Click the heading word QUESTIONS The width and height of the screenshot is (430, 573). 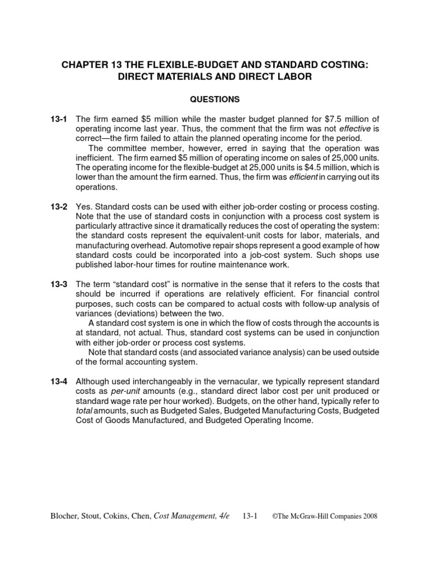(214, 100)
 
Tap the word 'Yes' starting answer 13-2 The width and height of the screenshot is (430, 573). (85, 207)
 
